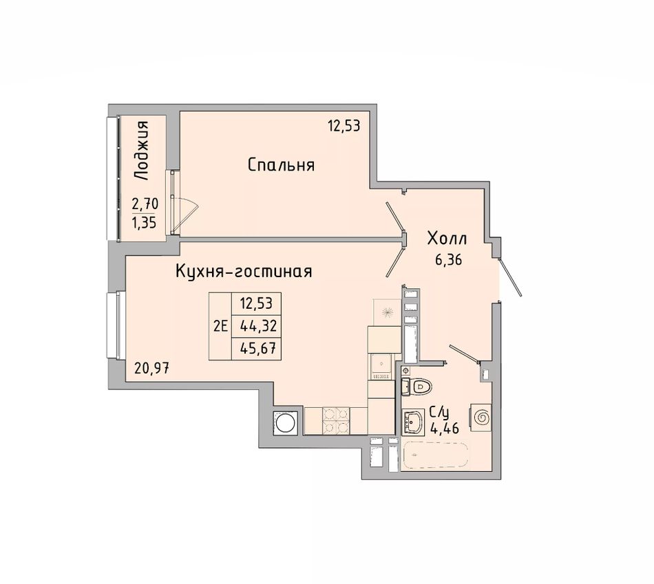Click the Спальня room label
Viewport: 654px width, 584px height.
pyautogui.click(x=281, y=166)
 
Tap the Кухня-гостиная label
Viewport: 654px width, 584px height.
pyautogui.click(x=244, y=272)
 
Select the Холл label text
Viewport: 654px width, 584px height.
pyautogui.click(x=447, y=239)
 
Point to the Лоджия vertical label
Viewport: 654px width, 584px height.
pyautogui.click(x=142, y=151)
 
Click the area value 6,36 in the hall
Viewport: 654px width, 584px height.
pyautogui.click(x=448, y=261)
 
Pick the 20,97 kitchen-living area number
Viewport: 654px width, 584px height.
pyautogui.click(x=152, y=368)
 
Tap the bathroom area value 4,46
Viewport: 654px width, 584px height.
pyautogui.click(x=445, y=428)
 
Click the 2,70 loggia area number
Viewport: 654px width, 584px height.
pyautogui.click(x=145, y=204)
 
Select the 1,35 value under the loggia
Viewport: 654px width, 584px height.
pyautogui.click(x=145, y=223)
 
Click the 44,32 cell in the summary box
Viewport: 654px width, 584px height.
pyautogui.click(x=259, y=326)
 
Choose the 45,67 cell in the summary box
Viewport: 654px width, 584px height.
pyautogui.click(x=259, y=347)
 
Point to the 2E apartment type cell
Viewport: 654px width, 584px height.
pyautogui.click(x=220, y=326)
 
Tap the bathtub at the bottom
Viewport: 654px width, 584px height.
pyautogui.click(x=436, y=455)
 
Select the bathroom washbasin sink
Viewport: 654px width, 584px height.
pyautogui.click(x=413, y=422)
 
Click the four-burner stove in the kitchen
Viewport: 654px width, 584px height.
pyautogui.click(x=336, y=420)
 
